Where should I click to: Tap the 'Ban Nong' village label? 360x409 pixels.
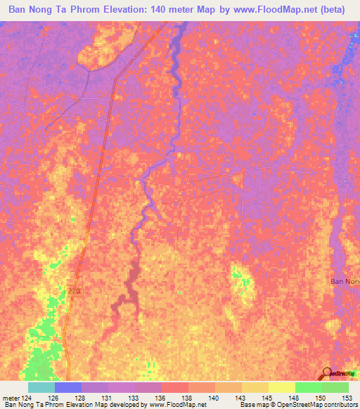(x=345, y=281)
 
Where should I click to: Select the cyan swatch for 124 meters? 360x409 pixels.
(x=41, y=387)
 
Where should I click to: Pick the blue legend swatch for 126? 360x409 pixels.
(x=67, y=387)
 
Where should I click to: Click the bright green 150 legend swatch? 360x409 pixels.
(x=308, y=387)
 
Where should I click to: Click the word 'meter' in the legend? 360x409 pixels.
(x=12, y=398)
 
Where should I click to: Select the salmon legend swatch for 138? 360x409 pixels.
(x=174, y=387)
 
